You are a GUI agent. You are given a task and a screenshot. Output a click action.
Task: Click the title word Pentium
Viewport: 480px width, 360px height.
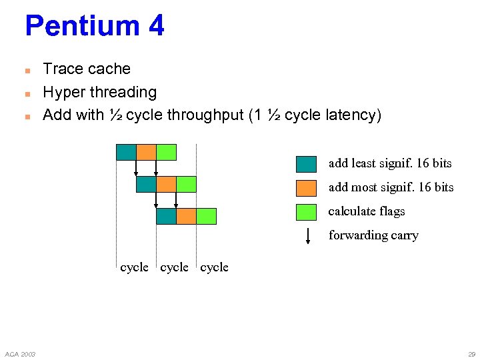(x=81, y=27)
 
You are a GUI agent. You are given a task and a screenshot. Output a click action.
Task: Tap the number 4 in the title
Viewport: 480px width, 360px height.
(x=156, y=27)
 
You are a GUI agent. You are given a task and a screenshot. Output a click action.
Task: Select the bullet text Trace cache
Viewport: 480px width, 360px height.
(x=87, y=69)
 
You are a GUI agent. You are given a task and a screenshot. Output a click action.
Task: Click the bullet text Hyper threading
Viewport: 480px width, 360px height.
(x=99, y=92)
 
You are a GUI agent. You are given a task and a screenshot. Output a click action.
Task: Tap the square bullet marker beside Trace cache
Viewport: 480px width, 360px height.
(x=27, y=70)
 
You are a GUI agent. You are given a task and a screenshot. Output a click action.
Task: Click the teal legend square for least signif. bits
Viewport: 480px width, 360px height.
(x=306, y=164)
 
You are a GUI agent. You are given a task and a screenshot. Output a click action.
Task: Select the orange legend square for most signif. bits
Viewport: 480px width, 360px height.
(x=306, y=188)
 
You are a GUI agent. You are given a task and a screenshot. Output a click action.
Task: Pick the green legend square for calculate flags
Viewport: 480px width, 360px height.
(x=306, y=212)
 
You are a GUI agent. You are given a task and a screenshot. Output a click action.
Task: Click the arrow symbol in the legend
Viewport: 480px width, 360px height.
(x=307, y=236)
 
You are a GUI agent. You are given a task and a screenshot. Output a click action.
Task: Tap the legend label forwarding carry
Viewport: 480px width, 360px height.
(x=373, y=235)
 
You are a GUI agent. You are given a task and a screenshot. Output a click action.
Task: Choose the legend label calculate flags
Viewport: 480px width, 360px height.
(x=367, y=211)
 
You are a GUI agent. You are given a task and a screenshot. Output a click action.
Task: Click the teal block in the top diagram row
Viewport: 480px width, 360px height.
(x=126, y=152)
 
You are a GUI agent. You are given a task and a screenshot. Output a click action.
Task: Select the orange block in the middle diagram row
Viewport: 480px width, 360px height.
(x=166, y=184)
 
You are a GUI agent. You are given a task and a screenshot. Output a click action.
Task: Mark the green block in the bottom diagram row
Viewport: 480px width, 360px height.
(x=207, y=216)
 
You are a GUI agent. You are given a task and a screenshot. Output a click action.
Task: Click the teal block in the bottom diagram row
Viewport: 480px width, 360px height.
(x=166, y=216)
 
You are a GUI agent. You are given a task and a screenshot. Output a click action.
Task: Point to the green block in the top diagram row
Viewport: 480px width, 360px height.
(x=166, y=152)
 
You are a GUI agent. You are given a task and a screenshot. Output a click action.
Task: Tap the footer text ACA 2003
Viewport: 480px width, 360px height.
(x=20, y=353)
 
